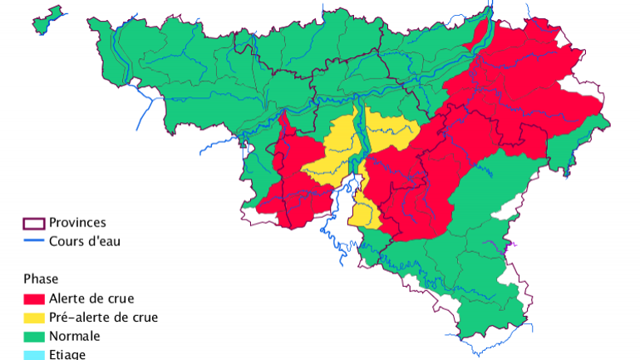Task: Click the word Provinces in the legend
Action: pyautogui.click(x=77, y=223)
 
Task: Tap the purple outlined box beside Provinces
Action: pyautogui.click(x=33, y=224)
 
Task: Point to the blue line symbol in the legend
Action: pyautogui.click(x=33, y=242)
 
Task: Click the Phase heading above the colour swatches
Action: pyautogui.click(x=41, y=279)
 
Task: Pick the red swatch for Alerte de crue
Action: pyautogui.click(x=33, y=298)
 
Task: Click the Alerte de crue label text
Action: pyautogui.click(x=91, y=298)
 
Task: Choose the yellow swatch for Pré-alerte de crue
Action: pyautogui.click(x=33, y=318)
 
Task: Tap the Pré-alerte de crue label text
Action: pyautogui.click(x=103, y=318)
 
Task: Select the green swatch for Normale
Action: pyautogui.click(x=33, y=337)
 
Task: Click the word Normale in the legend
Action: pyautogui.click(x=74, y=337)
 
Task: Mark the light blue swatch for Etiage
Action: pyautogui.click(x=33, y=354)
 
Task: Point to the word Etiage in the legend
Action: pyautogui.click(x=67, y=355)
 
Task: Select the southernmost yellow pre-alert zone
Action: pyautogui.click(x=363, y=212)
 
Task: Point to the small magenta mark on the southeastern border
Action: pyautogui.click(x=513, y=244)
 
